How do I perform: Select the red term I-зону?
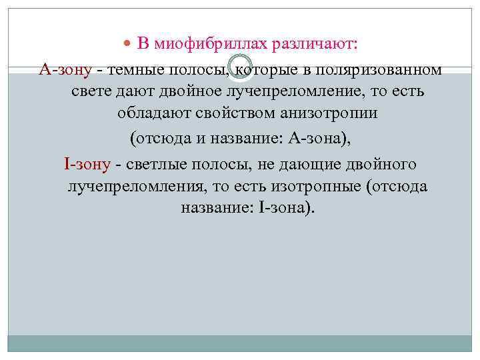87,164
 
